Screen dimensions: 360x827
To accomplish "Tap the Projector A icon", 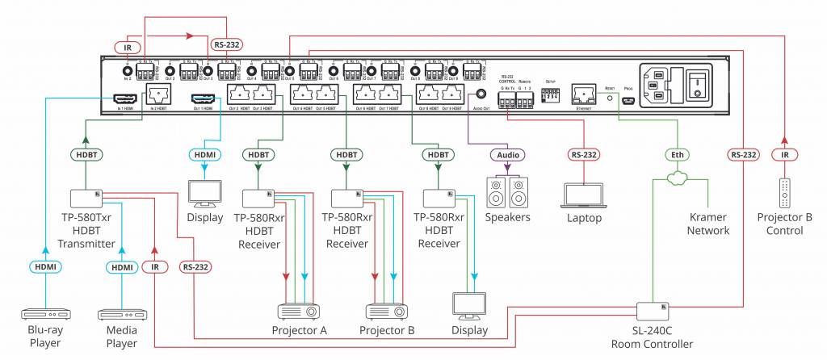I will pos(298,311).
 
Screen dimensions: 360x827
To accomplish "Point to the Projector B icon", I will pos(386,311).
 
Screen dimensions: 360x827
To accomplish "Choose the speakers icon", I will pos(508,193).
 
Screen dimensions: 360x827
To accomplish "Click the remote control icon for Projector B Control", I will pos(780,195).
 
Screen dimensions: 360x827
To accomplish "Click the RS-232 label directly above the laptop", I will pos(582,153).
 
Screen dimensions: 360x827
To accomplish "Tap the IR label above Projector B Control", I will pos(780,153).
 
